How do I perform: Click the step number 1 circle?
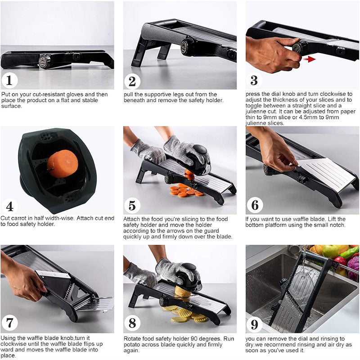[9, 81]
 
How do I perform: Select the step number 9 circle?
[254, 324]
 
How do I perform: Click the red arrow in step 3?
[309, 58]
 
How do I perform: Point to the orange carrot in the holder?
[63, 163]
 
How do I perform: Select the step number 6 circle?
[255, 205]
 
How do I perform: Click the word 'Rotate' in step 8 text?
[133, 338]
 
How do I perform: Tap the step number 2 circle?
[132, 81]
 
